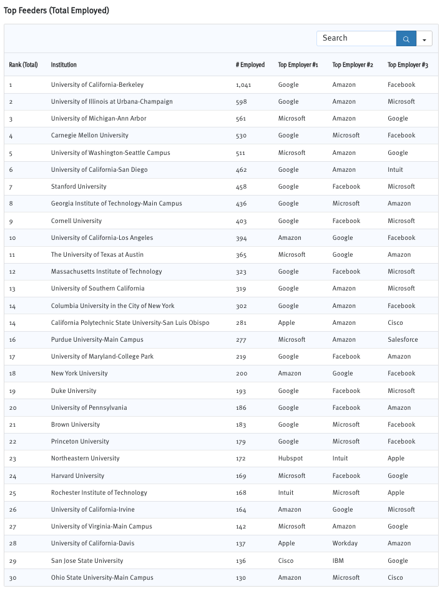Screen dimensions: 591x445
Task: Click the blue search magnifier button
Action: pos(406,39)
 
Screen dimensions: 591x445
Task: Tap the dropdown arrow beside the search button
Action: pos(424,39)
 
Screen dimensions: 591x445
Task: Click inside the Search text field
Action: pos(356,38)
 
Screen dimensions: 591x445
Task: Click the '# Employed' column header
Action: pos(250,65)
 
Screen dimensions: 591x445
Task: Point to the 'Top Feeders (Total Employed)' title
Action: pos(56,11)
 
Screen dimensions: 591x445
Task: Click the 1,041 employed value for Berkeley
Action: pos(243,85)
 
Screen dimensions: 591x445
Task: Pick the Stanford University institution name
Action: pos(79,187)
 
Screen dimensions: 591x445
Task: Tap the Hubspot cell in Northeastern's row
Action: pos(290,459)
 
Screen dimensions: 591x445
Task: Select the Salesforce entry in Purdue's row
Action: pos(403,340)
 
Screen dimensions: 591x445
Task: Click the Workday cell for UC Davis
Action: pos(345,544)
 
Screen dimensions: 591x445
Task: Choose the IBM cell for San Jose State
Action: pos(338,561)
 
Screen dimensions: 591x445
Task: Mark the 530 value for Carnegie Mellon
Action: pos(242,136)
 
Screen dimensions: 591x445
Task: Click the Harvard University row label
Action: pos(77,476)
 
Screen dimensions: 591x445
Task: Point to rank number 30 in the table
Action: pos(12,578)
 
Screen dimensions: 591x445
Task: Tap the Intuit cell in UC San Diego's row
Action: pos(395,170)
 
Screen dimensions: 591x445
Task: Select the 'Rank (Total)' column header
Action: pos(23,65)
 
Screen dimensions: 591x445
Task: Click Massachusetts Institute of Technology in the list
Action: pos(106,272)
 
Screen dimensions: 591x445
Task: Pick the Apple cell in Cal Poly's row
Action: pos(286,323)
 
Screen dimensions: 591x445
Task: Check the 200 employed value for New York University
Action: pos(242,374)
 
